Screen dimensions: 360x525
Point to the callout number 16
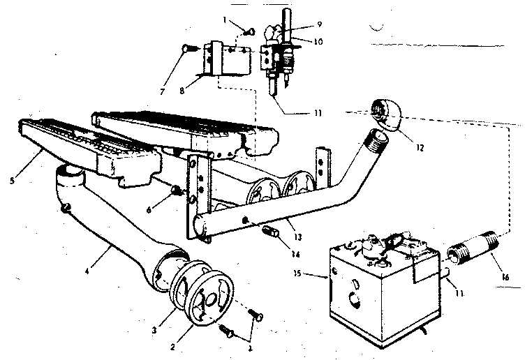pos(505,277)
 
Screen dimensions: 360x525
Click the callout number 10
pos(318,42)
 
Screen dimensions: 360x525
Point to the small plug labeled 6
pos(176,189)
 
